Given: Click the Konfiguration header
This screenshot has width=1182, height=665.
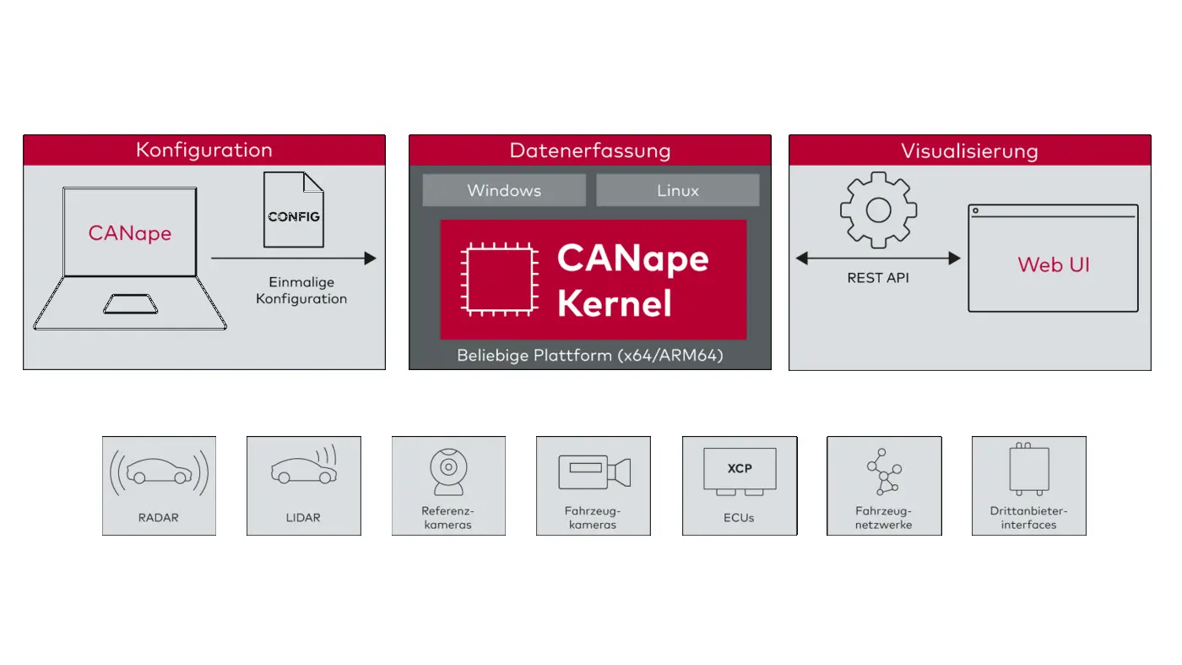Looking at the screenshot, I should [x=204, y=150].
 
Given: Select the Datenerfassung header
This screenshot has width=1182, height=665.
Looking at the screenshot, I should [x=589, y=150].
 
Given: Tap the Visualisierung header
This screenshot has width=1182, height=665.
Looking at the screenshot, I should [x=969, y=150].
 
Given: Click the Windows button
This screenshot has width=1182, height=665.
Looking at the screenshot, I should [x=504, y=190].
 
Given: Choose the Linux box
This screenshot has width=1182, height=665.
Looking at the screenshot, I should [x=678, y=190].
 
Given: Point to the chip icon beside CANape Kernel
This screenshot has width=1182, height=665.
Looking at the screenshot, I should [x=498, y=280].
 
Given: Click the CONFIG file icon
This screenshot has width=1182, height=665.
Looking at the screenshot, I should [x=294, y=210].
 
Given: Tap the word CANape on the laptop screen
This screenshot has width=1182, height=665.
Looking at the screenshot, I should [x=130, y=232].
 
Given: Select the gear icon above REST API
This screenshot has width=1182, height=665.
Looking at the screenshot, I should [x=878, y=210].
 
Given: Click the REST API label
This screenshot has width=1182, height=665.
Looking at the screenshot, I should [x=878, y=277].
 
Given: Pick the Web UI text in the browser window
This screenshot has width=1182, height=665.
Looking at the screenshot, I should [x=1054, y=264].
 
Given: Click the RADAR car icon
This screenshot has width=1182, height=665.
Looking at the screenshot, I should [x=159, y=472].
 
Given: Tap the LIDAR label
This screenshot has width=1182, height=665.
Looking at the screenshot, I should [x=303, y=517].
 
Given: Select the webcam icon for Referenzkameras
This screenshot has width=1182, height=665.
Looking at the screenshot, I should [x=447, y=471].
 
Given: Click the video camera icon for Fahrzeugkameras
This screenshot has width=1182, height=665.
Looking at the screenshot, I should [x=594, y=471].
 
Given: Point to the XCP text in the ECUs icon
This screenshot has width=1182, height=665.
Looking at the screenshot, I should [x=740, y=468].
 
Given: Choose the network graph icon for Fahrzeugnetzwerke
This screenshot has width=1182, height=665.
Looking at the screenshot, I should [x=884, y=473].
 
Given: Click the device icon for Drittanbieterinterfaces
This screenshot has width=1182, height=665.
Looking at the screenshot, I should [x=1029, y=469].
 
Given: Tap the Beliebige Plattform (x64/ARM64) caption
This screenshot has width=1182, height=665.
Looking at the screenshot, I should [x=589, y=355].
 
